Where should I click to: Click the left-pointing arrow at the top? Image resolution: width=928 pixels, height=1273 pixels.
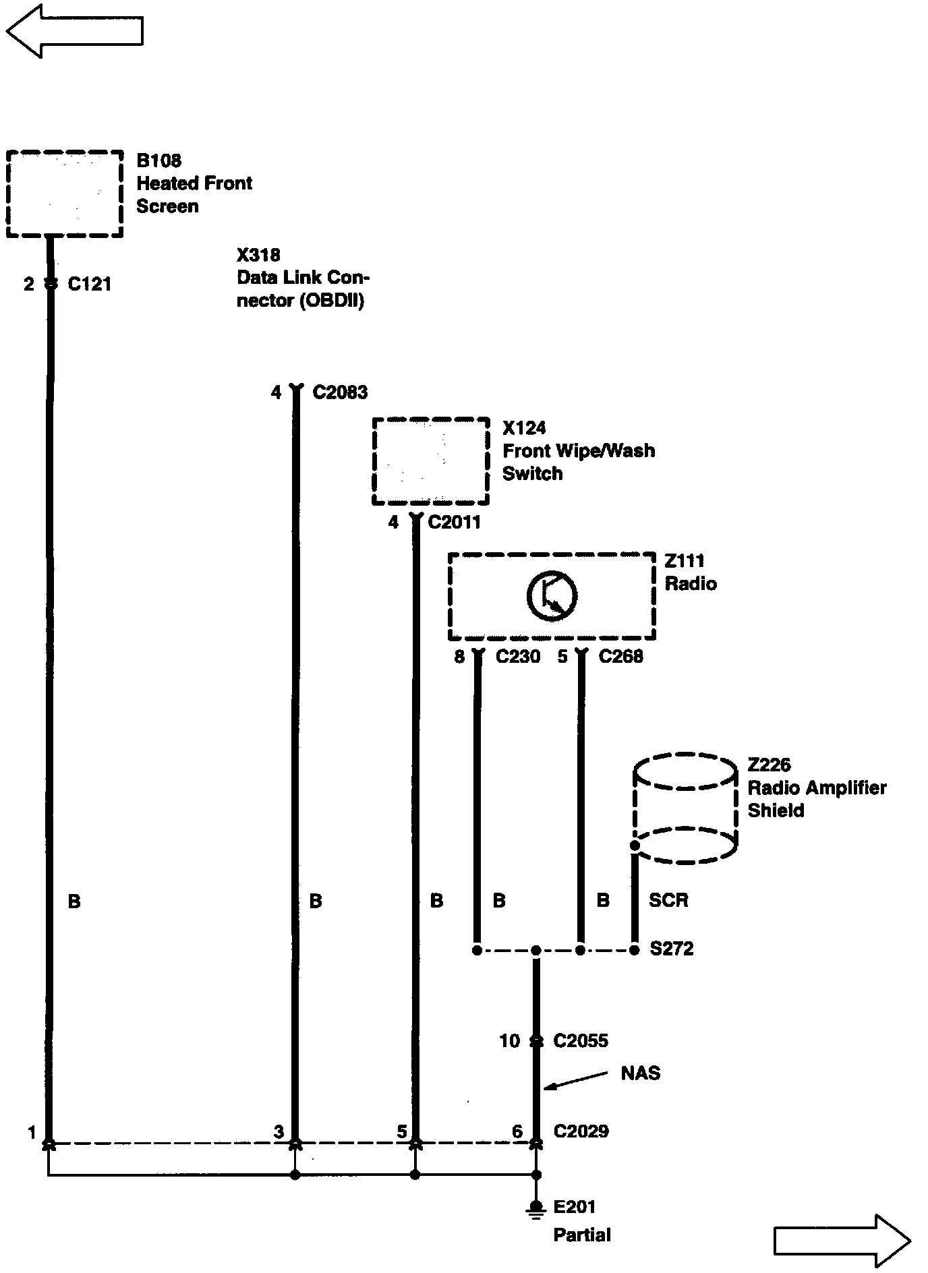[74, 30]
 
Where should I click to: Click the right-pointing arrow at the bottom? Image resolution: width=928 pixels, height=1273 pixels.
[842, 1240]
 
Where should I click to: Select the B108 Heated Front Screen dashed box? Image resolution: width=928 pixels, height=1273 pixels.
[65, 194]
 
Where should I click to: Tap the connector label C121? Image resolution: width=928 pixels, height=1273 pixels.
[90, 285]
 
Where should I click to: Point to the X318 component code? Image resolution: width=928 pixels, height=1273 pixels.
[258, 255]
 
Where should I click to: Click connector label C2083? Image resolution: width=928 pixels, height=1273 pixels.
[340, 392]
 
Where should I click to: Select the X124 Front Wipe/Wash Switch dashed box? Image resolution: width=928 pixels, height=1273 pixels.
[430, 461]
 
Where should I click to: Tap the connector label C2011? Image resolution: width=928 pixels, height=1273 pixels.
[455, 522]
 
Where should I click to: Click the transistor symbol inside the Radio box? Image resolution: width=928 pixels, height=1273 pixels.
[552, 596]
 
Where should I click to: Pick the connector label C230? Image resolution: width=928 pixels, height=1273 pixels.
[518, 657]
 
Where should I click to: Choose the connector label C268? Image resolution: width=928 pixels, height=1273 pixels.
[620, 657]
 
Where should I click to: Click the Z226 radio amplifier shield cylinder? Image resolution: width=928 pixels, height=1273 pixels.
[685, 808]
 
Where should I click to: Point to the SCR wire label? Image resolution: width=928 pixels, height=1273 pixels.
[668, 900]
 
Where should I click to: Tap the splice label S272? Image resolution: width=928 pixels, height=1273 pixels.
[672, 949]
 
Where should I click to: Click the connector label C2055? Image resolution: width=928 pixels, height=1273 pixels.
[581, 1041]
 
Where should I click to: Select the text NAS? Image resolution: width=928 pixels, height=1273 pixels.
[641, 1073]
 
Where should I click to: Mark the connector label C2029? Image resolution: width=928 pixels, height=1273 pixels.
[581, 1131]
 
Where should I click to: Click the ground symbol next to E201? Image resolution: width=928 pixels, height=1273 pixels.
[536, 1210]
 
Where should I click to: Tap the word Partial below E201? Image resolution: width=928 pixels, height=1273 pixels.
[582, 1235]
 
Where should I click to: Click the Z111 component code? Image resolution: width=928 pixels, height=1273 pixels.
[685, 561]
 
